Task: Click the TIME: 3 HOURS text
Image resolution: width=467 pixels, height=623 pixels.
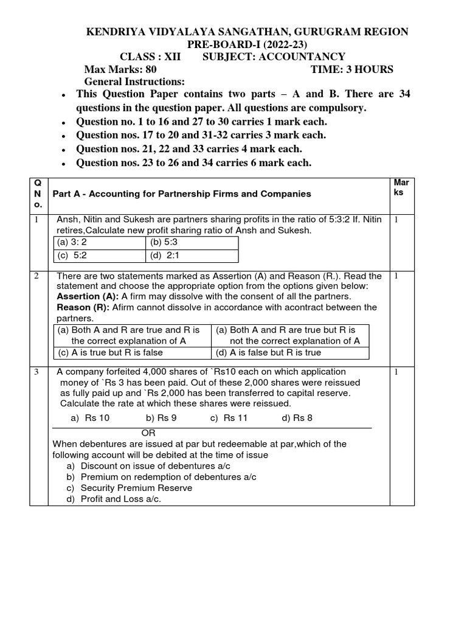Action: (352, 69)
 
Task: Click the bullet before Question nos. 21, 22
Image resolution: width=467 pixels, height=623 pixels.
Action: (64, 150)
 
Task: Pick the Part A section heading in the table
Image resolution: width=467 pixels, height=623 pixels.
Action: (182, 194)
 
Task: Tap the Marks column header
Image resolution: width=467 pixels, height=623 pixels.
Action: (402, 187)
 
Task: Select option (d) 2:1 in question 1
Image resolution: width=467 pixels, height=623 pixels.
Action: (164, 256)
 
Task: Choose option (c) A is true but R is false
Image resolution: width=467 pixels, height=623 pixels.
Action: (111, 352)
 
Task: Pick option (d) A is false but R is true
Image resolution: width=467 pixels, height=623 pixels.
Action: (269, 352)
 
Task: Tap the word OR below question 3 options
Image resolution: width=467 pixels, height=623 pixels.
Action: (148, 433)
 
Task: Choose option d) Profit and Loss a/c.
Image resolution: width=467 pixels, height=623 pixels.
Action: (114, 499)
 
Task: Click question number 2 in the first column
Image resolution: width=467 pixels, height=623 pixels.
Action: (36, 276)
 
